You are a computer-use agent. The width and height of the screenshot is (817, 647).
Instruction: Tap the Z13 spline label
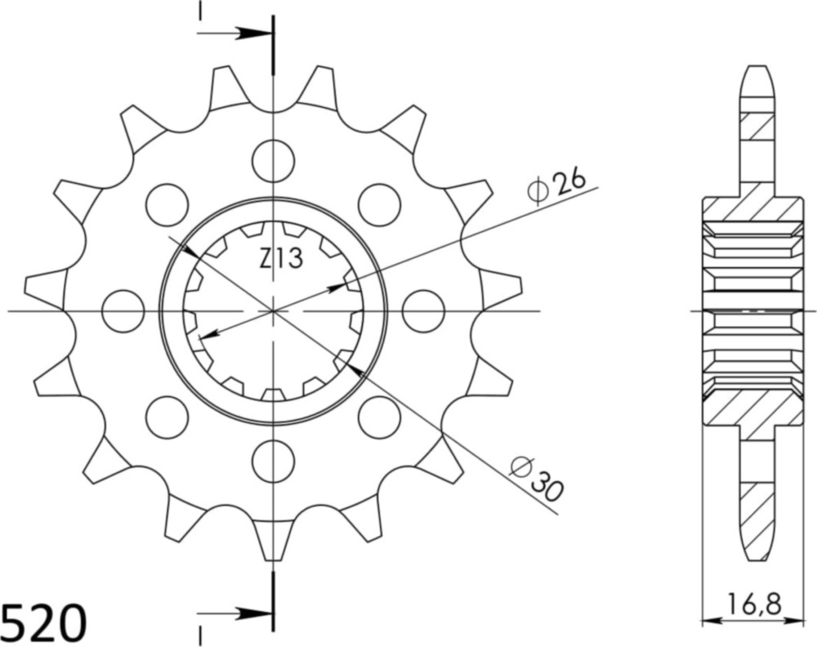tap(280, 260)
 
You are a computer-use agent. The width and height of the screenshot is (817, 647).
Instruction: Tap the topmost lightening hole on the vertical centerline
tap(273, 161)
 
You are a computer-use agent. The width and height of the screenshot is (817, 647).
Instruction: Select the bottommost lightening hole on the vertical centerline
tap(273, 462)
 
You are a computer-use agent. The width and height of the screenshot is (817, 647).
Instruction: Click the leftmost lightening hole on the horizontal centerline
tap(123, 311)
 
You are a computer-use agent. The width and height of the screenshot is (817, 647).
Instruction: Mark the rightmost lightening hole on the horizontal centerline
tap(423, 311)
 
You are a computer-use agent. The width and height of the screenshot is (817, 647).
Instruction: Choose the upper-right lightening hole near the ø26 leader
tap(379, 204)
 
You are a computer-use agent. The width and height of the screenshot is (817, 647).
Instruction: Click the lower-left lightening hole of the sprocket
tap(167, 416)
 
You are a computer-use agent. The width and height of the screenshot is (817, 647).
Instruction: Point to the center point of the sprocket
tap(273, 310)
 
